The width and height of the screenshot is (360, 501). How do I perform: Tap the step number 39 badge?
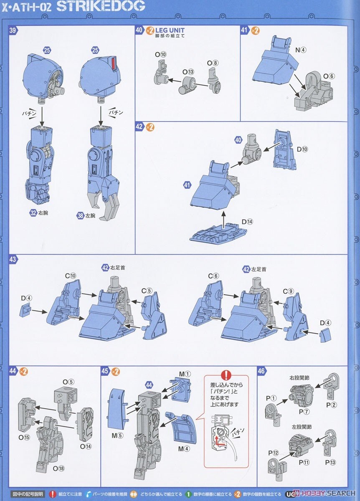(13, 30)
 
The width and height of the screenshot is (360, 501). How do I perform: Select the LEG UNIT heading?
(170, 30)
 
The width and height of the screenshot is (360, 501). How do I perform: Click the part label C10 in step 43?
(70, 276)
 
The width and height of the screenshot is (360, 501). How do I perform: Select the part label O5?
(68, 382)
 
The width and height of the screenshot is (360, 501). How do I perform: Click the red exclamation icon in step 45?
(226, 374)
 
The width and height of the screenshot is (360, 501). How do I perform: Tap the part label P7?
(304, 411)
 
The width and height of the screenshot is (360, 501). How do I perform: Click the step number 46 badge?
(261, 371)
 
